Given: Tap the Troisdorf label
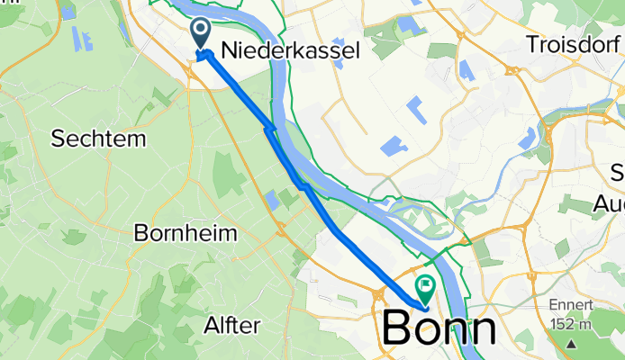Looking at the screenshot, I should [574, 44].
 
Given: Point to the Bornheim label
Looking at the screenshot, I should [185, 233].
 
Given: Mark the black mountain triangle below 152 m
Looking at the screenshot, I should [571, 344].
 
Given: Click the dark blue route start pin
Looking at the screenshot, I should [200, 33].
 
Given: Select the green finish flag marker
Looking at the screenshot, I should [423, 287].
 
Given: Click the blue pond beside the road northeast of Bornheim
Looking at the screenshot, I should [272, 198].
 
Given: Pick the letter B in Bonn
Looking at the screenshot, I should [397, 329].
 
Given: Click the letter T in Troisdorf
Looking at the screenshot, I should [532, 44].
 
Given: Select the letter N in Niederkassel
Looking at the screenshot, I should [229, 50].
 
